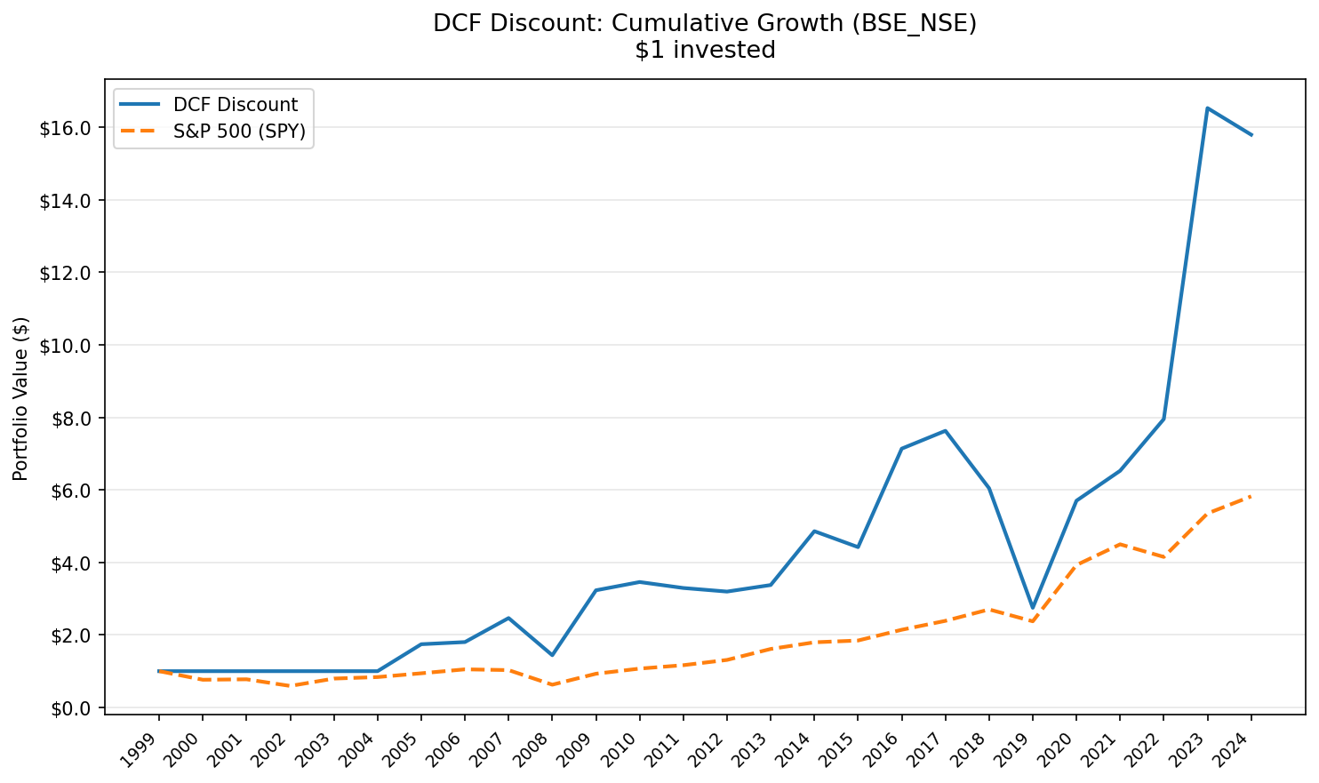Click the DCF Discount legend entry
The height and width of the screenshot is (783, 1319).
pyautogui.click(x=235, y=105)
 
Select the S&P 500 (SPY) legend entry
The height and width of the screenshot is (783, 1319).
pyautogui.click(x=239, y=132)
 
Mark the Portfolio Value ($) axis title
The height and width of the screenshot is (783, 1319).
pyautogui.click(x=21, y=398)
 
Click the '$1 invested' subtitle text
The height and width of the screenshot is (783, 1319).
pyautogui.click(x=705, y=51)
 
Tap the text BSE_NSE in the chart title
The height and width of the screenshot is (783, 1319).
pyautogui.click(x=914, y=24)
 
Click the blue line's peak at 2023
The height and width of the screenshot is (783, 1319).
pyautogui.click(x=1207, y=108)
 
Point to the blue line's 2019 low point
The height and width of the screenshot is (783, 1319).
pyautogui.click(x=1033, y=608)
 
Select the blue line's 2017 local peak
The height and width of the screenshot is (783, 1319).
pyautogui.click(x=945, y=431)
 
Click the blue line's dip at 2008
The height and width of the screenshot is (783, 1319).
pyautogui.click(x=552, y=655)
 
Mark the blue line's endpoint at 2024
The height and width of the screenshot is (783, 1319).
pyautogui.click(x=1251, y=135)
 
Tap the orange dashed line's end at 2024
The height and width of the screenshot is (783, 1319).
pyautogui.click(x=1251, y=496)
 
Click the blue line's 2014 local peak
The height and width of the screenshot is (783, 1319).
pyautogui.click(x=814, y=531)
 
